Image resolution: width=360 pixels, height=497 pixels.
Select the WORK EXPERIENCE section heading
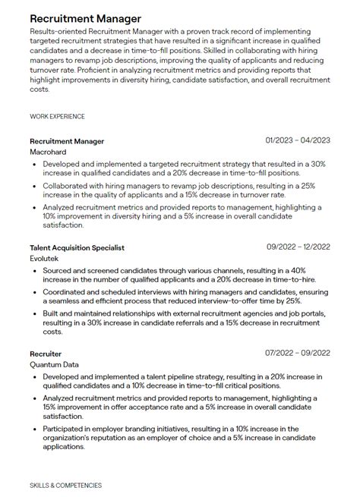click(57, 116)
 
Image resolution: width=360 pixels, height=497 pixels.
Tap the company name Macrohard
click(49, 152)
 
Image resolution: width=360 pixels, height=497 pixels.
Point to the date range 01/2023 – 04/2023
click(298, 140)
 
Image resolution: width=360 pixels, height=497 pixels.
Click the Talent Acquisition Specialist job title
click(77, 247)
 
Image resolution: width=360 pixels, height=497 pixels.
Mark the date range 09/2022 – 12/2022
click(298, 247)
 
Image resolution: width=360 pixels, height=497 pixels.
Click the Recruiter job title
click(46, 354)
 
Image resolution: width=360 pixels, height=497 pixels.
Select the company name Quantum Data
click(55, 364)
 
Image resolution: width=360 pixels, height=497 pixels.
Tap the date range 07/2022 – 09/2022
click(298, 353)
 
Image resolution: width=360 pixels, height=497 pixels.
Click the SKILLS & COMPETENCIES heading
click(65, 485)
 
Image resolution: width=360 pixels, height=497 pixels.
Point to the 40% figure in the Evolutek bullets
click(319, 269)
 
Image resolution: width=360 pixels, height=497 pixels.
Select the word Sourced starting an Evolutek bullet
click(58, 269)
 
